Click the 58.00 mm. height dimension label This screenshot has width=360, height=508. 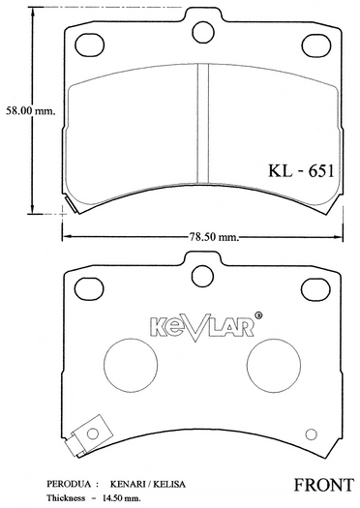[x=30, y=111]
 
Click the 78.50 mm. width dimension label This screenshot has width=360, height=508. [x=213, y=237]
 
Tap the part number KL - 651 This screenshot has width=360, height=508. [x=301, y=170]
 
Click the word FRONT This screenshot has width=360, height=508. [x=323, y=485]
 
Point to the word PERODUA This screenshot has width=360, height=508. [x=69, y=484]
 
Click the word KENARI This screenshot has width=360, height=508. [x=128, y=484]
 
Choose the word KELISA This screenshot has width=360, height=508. [x=168, y=484]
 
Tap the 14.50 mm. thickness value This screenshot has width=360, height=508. [x=122, y=497]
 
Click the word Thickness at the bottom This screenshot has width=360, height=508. [x=66, y=497]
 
